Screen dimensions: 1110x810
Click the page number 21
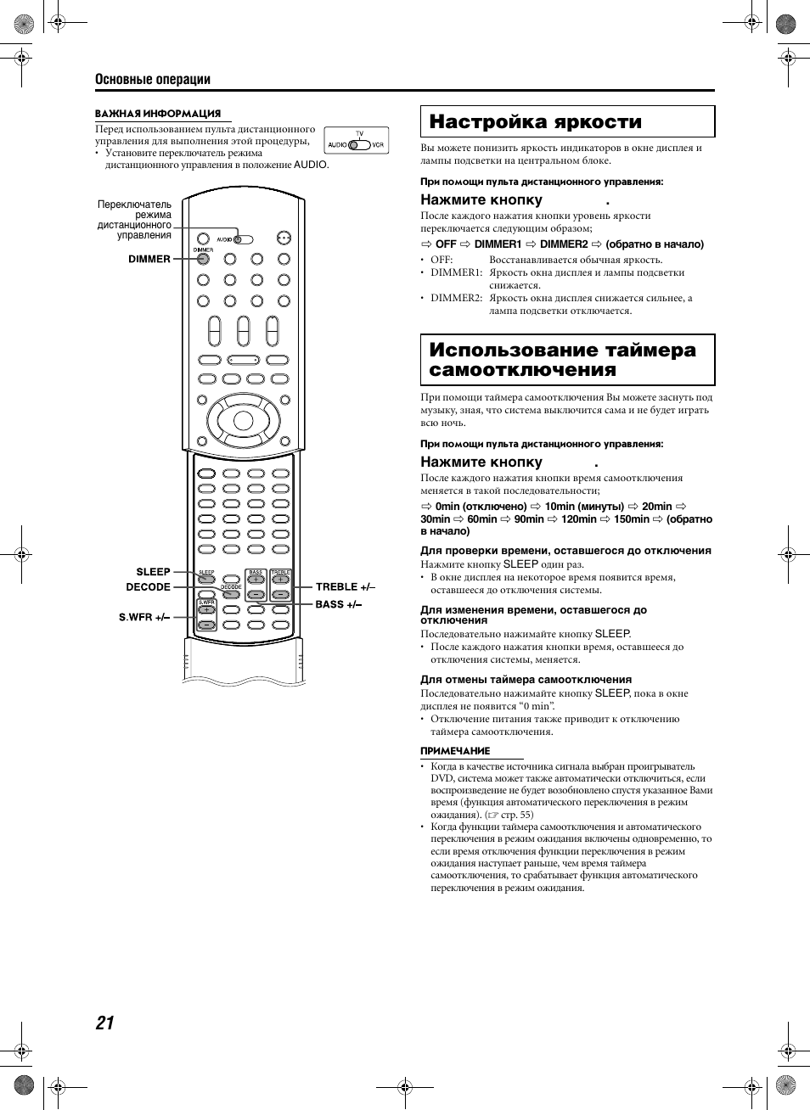(x=104, y=1023)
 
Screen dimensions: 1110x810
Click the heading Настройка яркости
(x=535, y=122)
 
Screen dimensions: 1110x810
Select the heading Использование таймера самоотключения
(x=562, y=360)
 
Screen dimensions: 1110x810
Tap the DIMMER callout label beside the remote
(x=149, y=259)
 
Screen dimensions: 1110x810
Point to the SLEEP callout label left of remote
(x=153, y=572)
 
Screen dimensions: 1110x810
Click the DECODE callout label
(x=149, y=587)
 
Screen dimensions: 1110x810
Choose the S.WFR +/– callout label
(x=144, y=617)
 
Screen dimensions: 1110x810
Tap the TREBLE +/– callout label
(x=345, y=586)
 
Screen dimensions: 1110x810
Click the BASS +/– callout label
(x=338, y=604)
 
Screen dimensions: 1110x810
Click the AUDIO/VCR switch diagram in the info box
(x=357, y=142)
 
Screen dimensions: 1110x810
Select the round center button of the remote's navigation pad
(x=243, y=420)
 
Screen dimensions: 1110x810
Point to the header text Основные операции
(x=153, y=79)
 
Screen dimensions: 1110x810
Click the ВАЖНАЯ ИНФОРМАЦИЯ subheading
(x=158, y=114)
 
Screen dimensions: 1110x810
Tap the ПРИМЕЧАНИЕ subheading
(x=455, y=751)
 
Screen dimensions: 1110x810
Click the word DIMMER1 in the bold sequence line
(x=498, y=244)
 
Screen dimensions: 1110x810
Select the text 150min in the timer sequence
(x=632, y=519)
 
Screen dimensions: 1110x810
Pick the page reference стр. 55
(x=516, y=815)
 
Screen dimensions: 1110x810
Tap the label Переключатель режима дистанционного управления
(x=134, y=220)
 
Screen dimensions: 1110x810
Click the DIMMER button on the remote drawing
(x=203, y=259)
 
